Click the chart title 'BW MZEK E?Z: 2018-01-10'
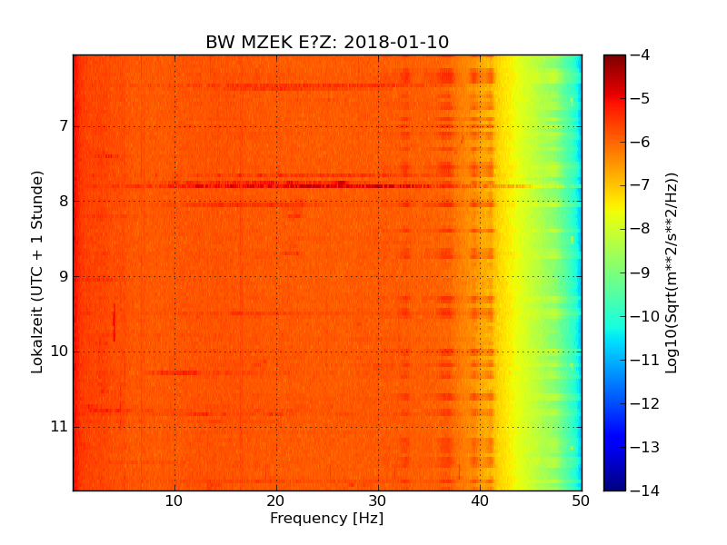click(327, 43)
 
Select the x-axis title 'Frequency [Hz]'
click(327, 519)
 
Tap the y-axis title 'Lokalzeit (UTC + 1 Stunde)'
click(37, 272)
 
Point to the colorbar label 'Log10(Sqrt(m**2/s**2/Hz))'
click(672, 272)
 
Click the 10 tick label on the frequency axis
click(174, 500)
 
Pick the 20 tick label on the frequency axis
click(276, 500)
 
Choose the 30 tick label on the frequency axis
click(378, 500)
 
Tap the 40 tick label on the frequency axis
click(480, 500)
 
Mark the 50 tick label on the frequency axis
click(581, 500)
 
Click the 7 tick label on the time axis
click(64, 125)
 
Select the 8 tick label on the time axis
click(64, 201)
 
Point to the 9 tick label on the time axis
click(64, 276)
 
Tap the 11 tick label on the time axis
click(59, 426)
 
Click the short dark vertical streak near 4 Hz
click(114, 322)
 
